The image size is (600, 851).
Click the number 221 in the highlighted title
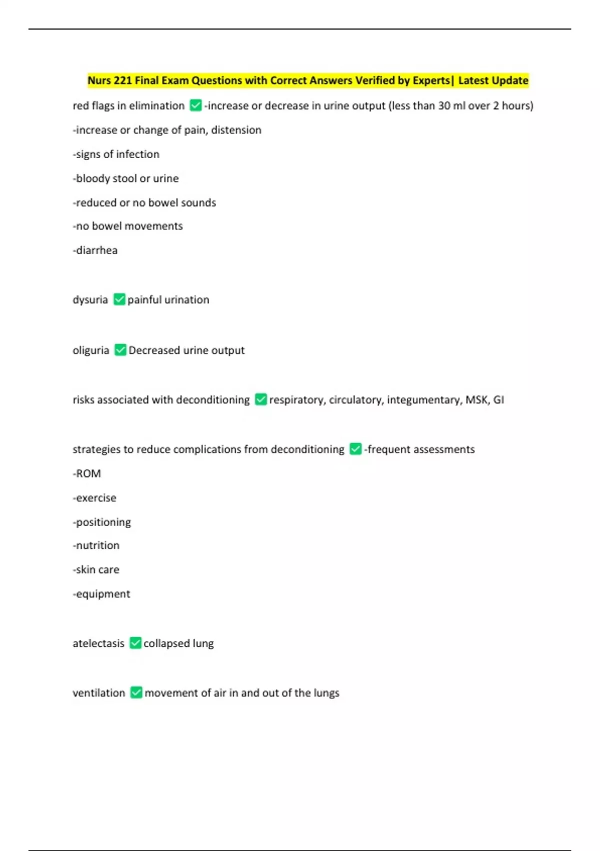pyautogui.click(x=122, y=81)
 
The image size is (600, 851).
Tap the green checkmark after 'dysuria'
pyautogui.click(x=119, y=299)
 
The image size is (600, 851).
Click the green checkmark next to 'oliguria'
pyautogui.click(x=120, y=350)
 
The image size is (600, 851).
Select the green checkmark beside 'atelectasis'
pyautogui.click(x=135, y=643)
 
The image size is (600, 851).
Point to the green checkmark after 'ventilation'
pyautogui.click(x=136, y=692)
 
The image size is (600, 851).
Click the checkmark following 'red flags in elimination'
pyautogui.click(x=195, y=106)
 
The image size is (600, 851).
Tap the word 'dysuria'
pyautogui.click(x=90, y=300)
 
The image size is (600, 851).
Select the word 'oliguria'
pyautogui.click(x=90, y=350)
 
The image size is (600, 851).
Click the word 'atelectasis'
pyautogui.click(x=98, y=643)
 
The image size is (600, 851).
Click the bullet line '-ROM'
pyautogui.click(x=87, y=474)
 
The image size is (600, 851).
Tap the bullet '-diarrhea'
pyautogui.click(x=95, y=250)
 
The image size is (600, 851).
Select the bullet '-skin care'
pyautogui.click(x=96, y=570)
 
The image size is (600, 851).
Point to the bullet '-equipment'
pyautogui.click(x=101, y=594)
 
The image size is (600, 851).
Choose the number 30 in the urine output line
pyautogui.click(x=444, y=106)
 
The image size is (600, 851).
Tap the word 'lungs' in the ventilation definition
pyautogui.click(x=326, y=693)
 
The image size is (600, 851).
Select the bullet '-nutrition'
pyautogui.click(x=96, y=545)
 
